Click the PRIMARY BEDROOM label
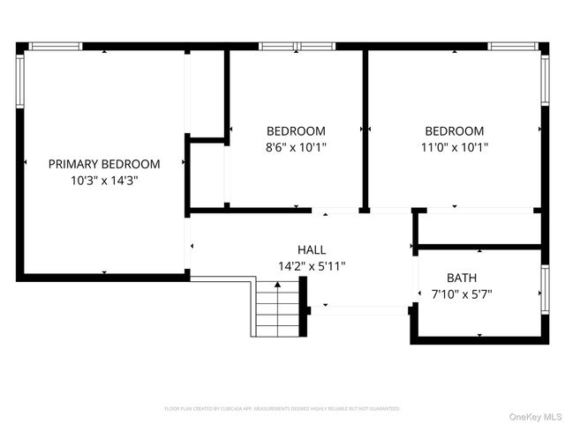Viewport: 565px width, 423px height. click(x=104, y=164)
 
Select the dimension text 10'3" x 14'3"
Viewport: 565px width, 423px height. click(x=104, y=180)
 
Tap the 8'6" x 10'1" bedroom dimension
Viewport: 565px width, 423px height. click(x=296, y=148)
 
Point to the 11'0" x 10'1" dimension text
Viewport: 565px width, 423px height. click(x=454, y=148)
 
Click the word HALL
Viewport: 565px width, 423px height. click(x=312, y=249)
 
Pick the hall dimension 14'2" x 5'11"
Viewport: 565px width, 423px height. click(x=312, y=265)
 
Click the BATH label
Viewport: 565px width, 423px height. click(x=461, y=277)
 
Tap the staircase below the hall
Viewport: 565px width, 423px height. click(x=277, y=308)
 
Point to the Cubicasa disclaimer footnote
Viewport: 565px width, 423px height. click(x=282, y=409)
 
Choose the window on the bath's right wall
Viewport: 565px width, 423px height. click(x=544, y=292)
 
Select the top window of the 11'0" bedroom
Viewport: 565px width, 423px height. click(x=516, y=46)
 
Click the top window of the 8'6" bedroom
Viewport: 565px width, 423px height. click(x=294, y=46)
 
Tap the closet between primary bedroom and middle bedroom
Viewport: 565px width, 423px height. click(x=207, y=93)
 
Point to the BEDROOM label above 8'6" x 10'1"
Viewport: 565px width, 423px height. click(x=296, y=131)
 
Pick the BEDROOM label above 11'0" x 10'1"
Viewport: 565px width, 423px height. click(x=454, y=131)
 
